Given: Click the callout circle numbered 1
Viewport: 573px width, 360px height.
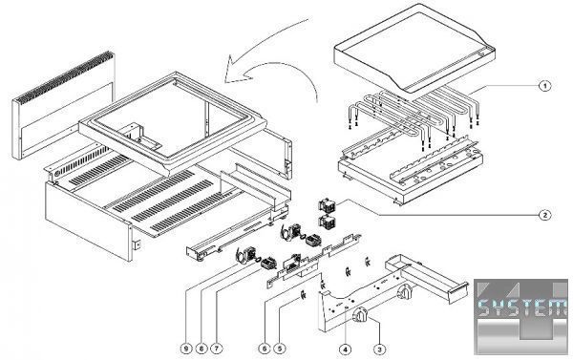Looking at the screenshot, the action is click(x=545, y=86).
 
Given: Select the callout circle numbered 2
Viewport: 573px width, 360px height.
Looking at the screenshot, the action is click(x=545, y=215).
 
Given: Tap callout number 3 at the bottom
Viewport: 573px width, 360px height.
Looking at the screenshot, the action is click(x=380, y=349).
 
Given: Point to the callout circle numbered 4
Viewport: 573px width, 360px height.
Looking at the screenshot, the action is click(x=346, y=349).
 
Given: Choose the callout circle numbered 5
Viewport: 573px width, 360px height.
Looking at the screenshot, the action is click(x=280, y=349).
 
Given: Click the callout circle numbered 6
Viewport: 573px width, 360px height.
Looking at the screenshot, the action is click(x=265, y=349).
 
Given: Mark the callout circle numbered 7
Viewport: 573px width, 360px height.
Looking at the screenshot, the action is click(x=217, y=349).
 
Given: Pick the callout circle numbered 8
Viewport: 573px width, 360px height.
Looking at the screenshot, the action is click(x=201, y=349).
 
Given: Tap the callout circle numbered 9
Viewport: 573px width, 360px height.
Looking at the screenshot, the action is click(x=186, y=349).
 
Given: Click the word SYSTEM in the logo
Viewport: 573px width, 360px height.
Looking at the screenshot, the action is click(x=522, y=308).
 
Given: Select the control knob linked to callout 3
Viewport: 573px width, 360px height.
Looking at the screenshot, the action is click(x=361, y=315).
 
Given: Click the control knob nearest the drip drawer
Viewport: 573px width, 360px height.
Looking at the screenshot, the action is click(x=405, y=292).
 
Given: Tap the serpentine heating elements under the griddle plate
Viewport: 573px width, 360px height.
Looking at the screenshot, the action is click(x=413, y=116).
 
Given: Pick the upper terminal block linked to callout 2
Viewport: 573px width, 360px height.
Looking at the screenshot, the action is click(x=328, y=204).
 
